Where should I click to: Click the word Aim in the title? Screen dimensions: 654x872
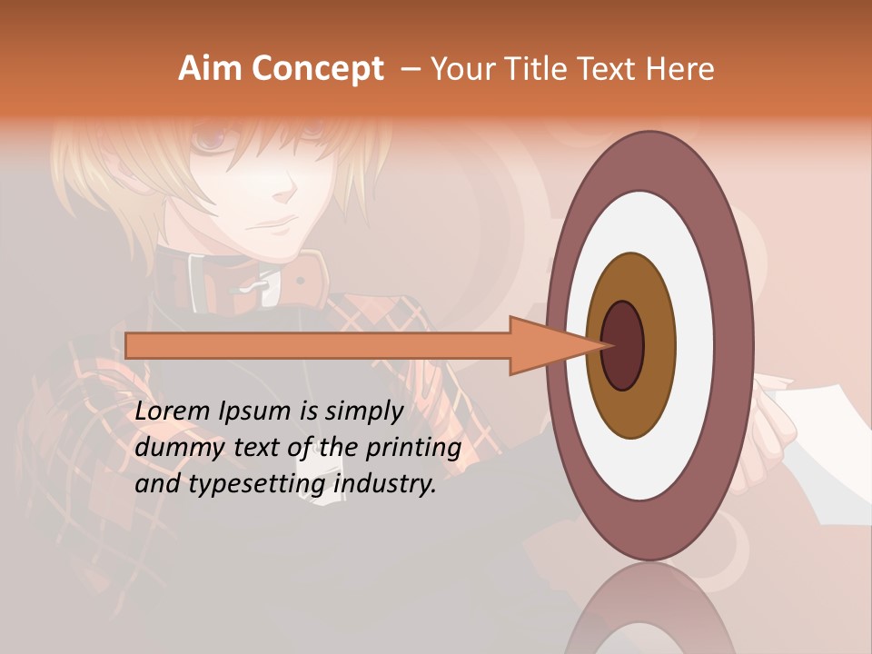tap(211, 69)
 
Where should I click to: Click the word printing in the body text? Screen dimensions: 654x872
tap(414, 448)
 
